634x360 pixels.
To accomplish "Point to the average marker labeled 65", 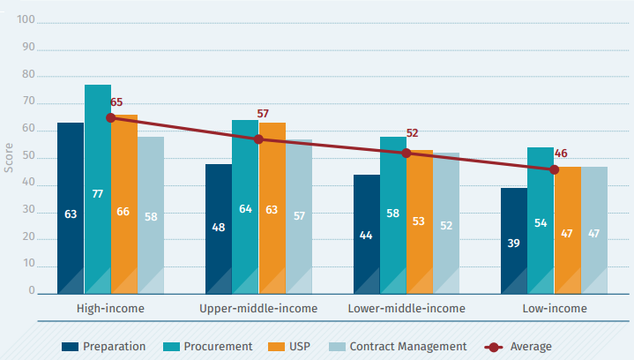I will pyautogui.click(x=110, y=117).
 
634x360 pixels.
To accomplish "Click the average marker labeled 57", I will pyautogui.click(x=258, y=139).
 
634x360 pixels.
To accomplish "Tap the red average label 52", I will pyautogui.click(x=412, y=133).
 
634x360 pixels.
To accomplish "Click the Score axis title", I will pyautogui.click(x=9, y=156).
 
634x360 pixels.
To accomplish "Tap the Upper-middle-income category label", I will pyautogui.click(x=258, y=309).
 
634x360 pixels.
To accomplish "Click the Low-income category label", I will pyautogui.click(x=554, y=309).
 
